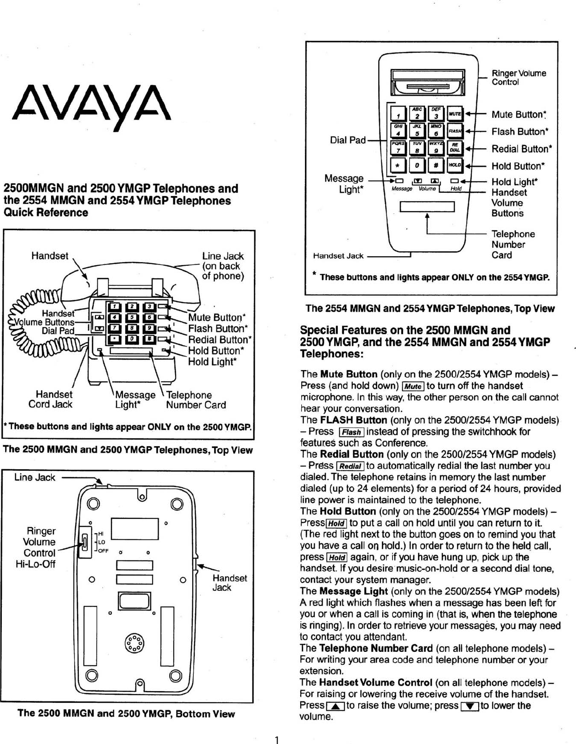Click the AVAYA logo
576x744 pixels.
[x=92, y=106]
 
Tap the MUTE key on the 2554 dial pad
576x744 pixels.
[x=455, y=113]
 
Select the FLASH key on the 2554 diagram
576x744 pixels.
[x=455, y=131]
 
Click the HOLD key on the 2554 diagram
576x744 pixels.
[x=455, y=165]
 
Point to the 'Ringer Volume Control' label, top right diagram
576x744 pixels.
[x=519, y=77]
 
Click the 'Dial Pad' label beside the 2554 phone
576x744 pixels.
[x=348, y=140]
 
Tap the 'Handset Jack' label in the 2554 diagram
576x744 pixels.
[x=338, y=256]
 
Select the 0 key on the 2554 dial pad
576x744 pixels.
[x=417, y=165]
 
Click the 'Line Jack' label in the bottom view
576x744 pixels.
[x=35, y=477]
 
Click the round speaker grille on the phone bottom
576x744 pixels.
[x=134, y=643]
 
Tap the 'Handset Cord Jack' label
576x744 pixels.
[x=51, y=399]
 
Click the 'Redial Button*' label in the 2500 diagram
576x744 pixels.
[x=219, y=340]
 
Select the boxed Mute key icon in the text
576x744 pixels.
[x=412, y=386]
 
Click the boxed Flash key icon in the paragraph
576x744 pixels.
[x=351, y=432]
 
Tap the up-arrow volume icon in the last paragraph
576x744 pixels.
[x=335, y=706]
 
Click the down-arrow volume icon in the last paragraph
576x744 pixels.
[x=470, y=706]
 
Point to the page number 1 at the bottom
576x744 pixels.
[x=276, y=739]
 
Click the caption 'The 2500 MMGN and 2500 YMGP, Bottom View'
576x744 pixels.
[x=126, y=714]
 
